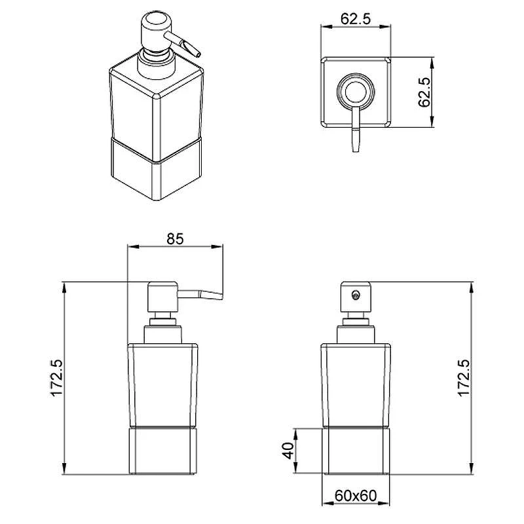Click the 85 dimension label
pos(175,238)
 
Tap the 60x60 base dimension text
pos(355,496)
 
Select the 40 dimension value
pos(288,450)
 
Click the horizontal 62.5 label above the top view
pos(356,19)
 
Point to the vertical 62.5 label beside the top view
pos(424,92)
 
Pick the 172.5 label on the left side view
pos(56,378)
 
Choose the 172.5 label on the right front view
pos(464,378)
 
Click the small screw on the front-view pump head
pos(356,295)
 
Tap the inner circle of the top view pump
pos(356,92)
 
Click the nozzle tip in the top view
pos(356,150)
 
